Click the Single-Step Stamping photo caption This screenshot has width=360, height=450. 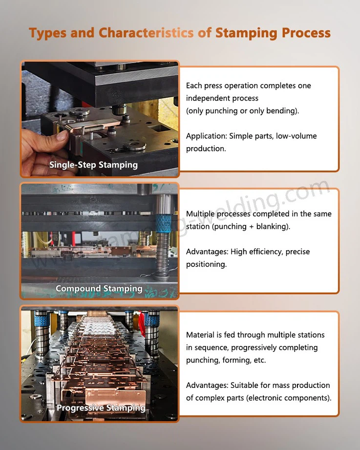(93, 165)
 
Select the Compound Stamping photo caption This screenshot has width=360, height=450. (99, 288)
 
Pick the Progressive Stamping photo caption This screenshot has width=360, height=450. (101, 407)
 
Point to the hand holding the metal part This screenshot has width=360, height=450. (44, 147)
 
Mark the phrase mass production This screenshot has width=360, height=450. (296, 385)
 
